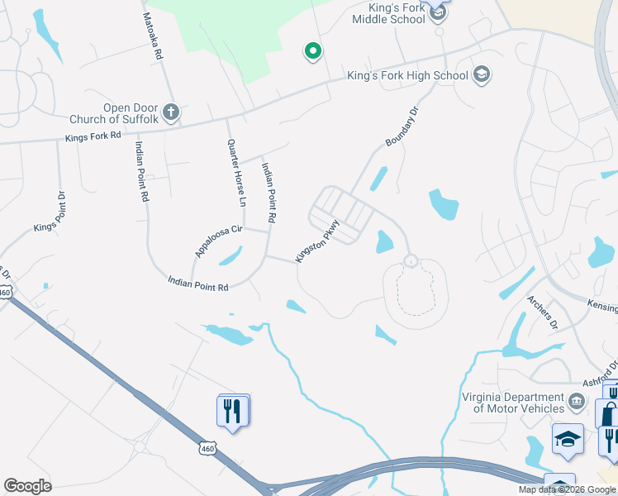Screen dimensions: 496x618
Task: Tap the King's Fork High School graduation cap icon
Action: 482,75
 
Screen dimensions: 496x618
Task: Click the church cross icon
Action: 171,112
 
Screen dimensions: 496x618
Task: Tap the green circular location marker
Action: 312,52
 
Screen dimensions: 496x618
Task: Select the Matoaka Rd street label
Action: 152,36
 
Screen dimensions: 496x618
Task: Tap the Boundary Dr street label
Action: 403,126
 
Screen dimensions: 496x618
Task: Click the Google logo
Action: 27,486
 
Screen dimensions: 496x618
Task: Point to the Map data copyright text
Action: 568,489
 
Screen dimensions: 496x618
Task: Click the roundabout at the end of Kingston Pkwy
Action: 410,261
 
